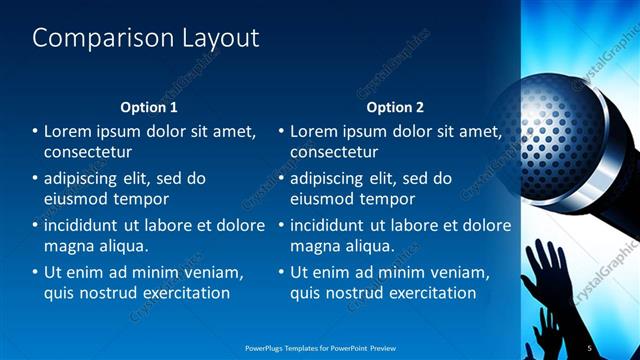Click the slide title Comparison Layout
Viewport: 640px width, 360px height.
146,39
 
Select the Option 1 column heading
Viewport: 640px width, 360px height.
149,107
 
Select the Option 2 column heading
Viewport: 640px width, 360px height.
395,107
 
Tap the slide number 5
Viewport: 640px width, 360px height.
590,347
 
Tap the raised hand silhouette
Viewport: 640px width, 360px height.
546,270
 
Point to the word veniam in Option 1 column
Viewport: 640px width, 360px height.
209,271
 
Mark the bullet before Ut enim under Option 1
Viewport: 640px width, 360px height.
35,272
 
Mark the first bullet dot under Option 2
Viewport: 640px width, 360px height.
281,132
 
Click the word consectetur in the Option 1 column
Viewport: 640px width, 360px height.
88,152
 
